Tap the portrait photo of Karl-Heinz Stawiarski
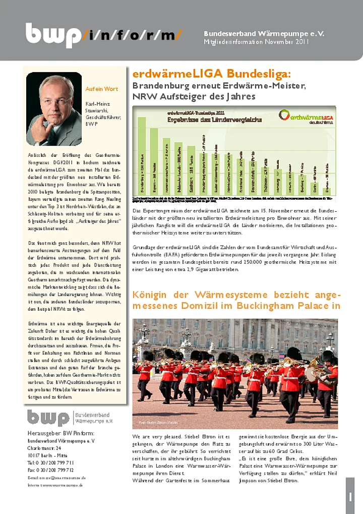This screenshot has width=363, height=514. [x=54, y=109]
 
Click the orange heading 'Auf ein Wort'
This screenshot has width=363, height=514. [x=101, y=89]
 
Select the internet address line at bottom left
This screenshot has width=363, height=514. [x=56, y=485]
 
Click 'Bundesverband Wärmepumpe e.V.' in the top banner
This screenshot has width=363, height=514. [x=264, y=33]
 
